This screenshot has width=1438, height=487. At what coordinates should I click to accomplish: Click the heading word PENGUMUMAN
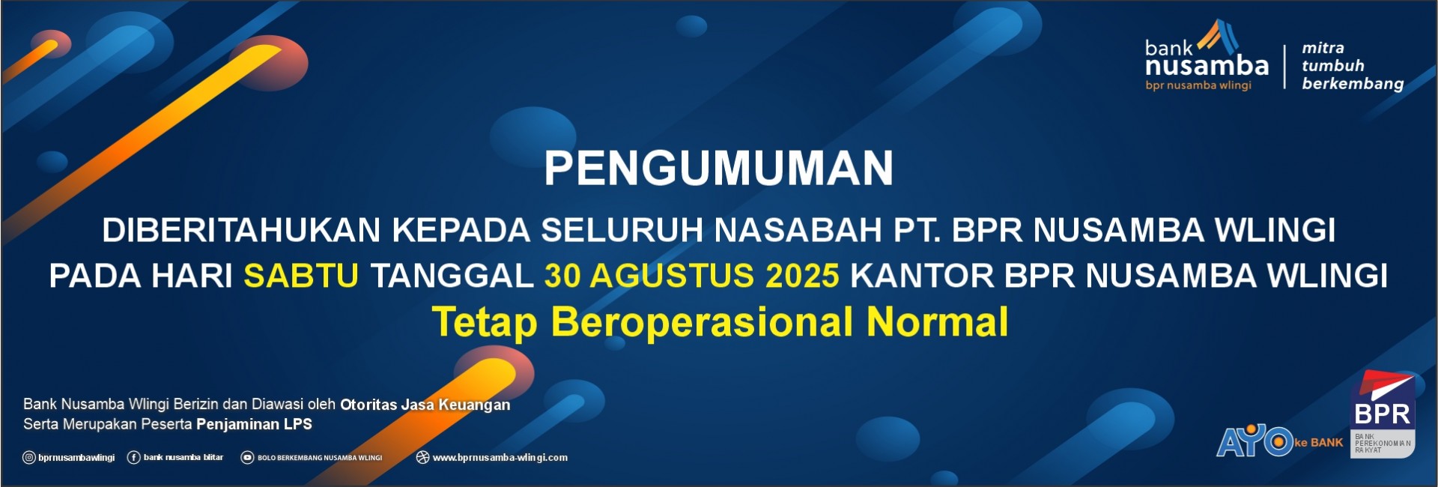(x=719, y=168)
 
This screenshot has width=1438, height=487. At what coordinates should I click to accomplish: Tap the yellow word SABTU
(x=301, y=276)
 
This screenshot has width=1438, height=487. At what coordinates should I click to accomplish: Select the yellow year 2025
(x=802, y=276)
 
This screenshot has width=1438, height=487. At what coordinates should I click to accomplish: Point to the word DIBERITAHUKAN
(x=242, y=230)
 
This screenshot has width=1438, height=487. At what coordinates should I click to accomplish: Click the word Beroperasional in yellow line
(x=703, y=323)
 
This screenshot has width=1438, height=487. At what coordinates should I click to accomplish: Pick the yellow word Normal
(x=937, y=321)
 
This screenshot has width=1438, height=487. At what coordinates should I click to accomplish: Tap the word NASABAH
(x=798, y=230)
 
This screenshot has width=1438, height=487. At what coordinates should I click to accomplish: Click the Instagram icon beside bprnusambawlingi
(x=29, y=458)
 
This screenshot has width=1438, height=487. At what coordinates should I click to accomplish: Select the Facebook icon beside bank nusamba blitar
(x=134, y=458)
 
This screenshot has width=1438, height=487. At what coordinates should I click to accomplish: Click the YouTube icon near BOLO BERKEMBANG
(x=247, y=458)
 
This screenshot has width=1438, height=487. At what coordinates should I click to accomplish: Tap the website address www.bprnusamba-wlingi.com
(x=500, y=458)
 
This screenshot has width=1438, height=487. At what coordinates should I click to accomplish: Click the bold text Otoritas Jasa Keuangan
(x=425, y=405)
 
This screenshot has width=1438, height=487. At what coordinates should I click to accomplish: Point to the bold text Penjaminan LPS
(x=254, y=424)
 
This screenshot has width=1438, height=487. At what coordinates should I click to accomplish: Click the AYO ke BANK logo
(x=1279, y=441)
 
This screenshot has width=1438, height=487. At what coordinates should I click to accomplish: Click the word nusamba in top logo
(x=1207, y=67)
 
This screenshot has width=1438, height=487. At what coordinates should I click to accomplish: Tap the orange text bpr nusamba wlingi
(x=1198, y=85)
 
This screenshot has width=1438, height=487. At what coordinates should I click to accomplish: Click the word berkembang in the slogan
(x=1353, y=84)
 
